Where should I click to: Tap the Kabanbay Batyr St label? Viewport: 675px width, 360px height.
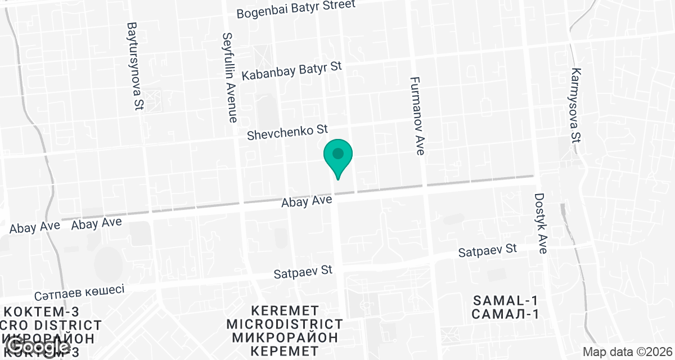[291, 70]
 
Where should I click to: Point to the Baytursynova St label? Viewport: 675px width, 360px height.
[134, 66]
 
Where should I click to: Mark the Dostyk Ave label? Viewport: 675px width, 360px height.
[540, 223]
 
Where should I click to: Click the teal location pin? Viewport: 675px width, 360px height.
[337, 158]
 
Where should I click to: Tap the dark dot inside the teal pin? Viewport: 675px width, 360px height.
[337, 153]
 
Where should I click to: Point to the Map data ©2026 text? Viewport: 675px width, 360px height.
[627, 352]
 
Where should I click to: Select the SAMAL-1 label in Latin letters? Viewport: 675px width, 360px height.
[506, 300]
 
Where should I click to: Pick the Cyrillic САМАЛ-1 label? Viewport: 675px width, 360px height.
[506, 314]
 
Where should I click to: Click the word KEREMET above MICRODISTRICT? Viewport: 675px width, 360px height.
[285, 310]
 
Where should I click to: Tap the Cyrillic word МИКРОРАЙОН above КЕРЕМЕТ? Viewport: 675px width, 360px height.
[285, 337]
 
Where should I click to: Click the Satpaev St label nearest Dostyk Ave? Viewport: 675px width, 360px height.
[487, 251]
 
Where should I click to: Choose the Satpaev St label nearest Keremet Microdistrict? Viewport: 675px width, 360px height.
[303, 272]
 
